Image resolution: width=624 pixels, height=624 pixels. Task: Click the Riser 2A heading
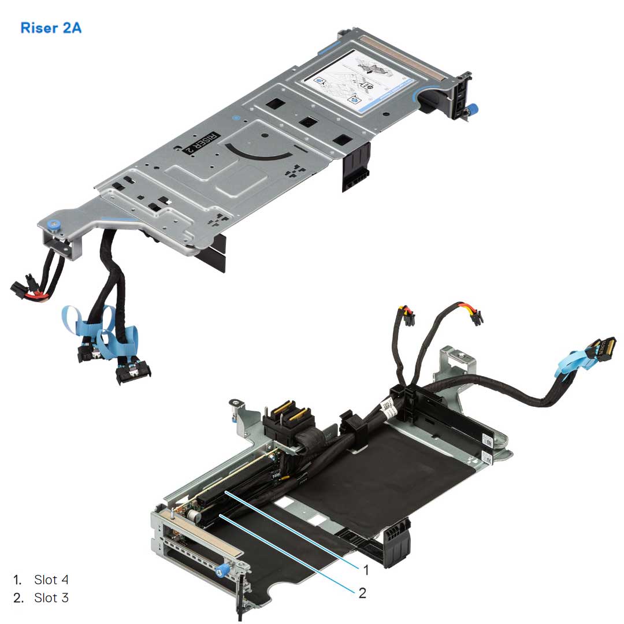point(51,27)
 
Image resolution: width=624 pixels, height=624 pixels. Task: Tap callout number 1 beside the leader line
point(366,570)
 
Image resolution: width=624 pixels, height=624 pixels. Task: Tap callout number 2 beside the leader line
point(362,593)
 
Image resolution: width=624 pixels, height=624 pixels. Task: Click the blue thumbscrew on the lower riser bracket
point(220,572)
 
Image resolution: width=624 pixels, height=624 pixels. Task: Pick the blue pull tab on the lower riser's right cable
point(569,367)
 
